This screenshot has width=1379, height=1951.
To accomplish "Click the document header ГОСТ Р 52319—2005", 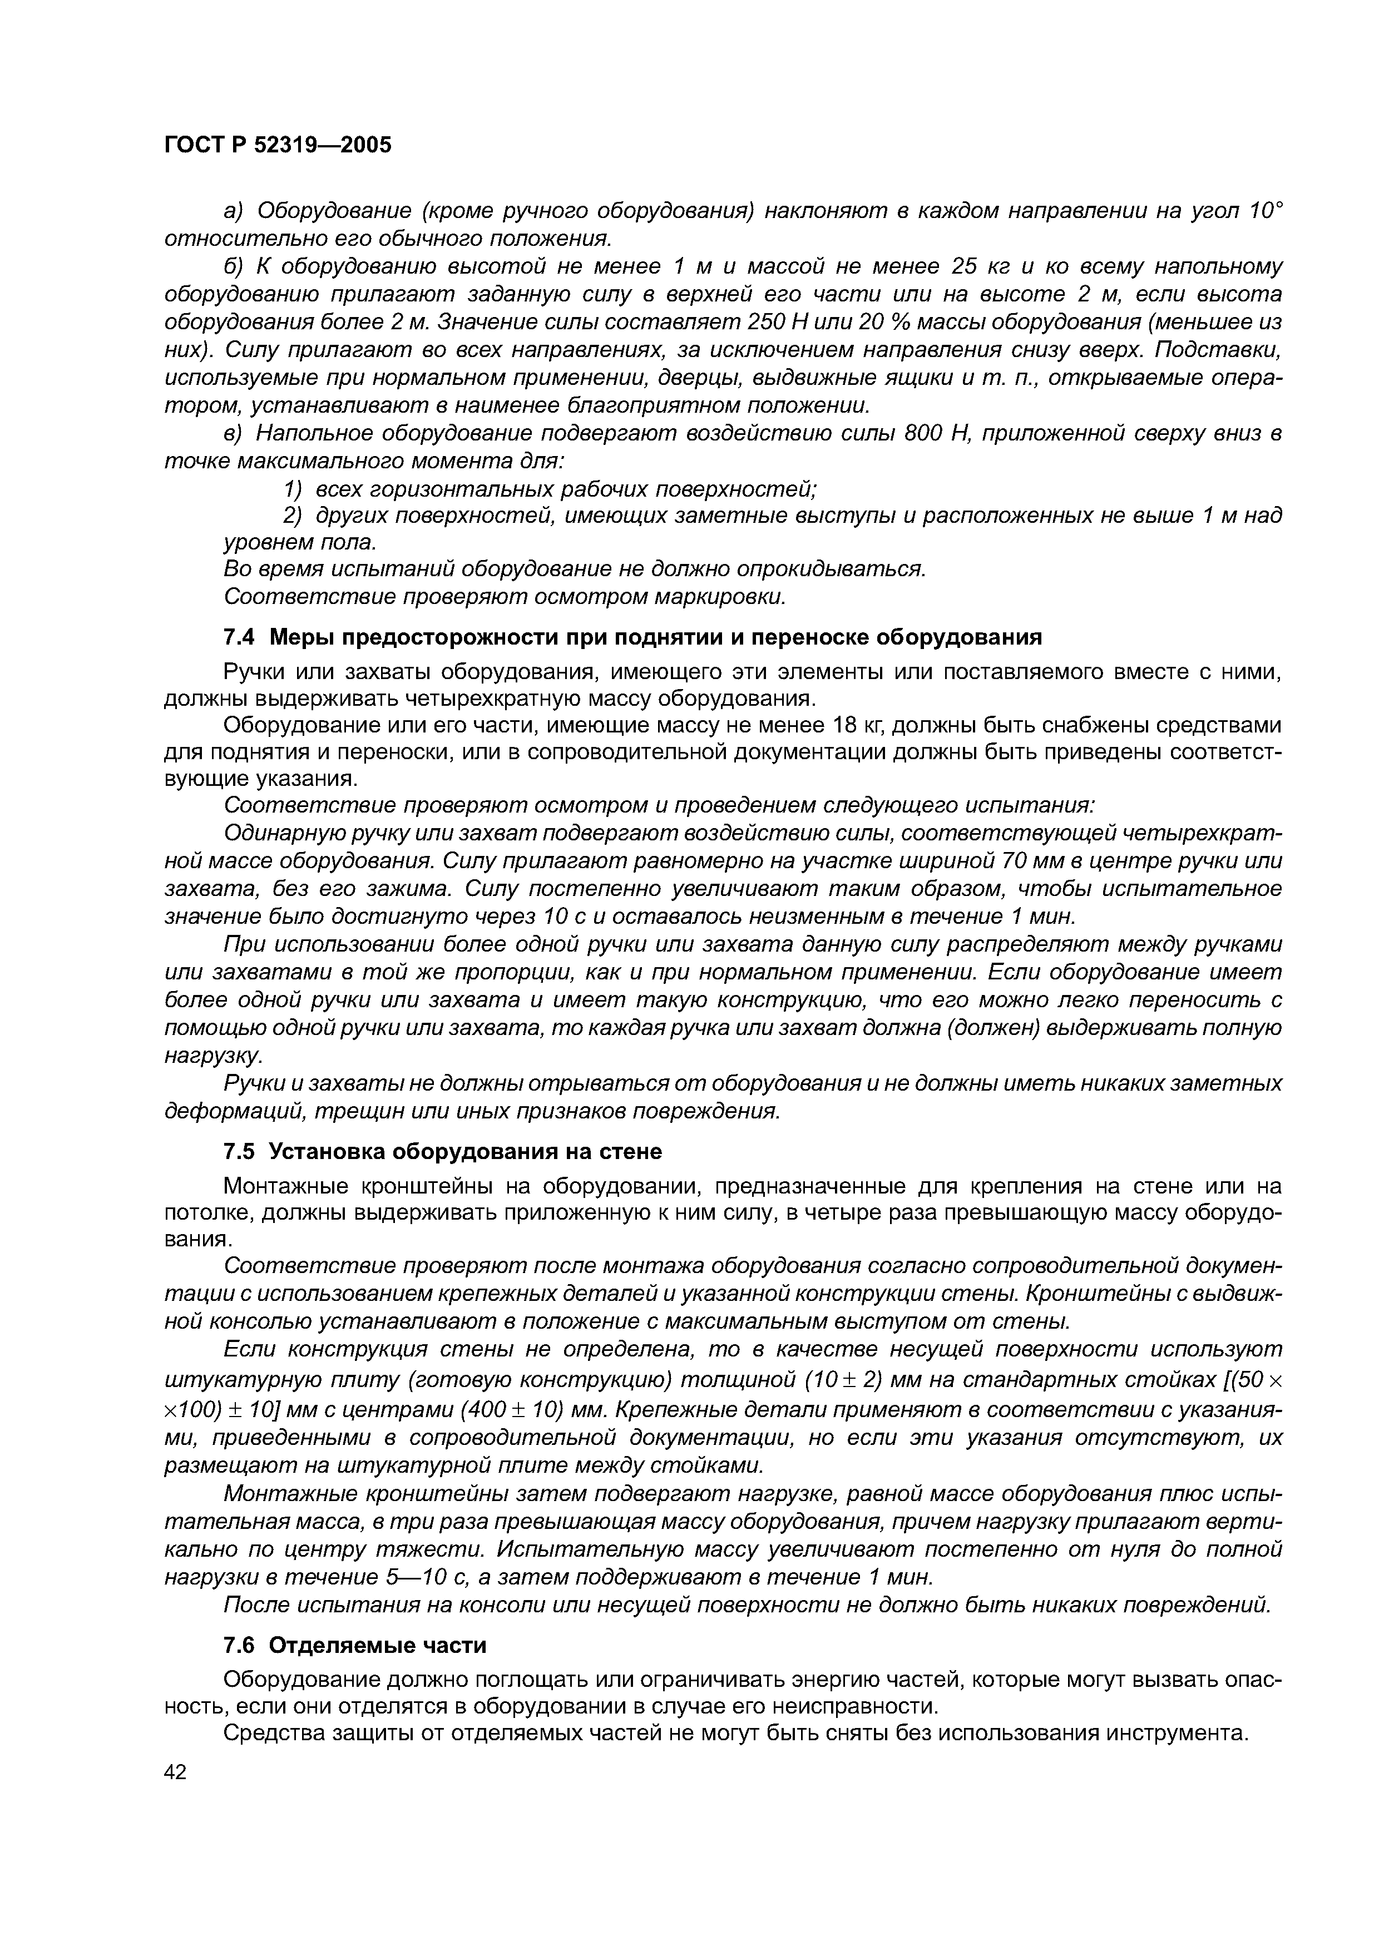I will pos(278,145).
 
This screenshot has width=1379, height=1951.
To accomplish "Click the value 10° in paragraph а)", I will pos(1263,210).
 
